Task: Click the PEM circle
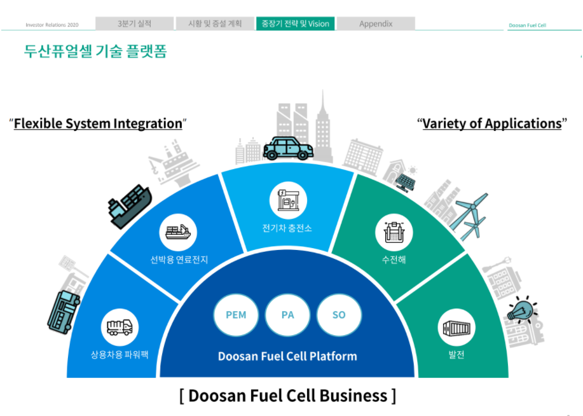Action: (x=236, y=315)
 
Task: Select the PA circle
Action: (x=287, y=315)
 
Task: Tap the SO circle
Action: (x=339, y=315)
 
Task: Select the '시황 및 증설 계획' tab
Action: (x=215, y=24)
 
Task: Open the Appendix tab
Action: (x=376, y=24)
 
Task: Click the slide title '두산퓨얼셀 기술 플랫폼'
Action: (x=95, y=52)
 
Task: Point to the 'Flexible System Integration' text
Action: (x=98, y=123)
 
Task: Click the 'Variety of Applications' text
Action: (x=491, y=123)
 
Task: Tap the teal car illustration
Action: (x=288, y=148)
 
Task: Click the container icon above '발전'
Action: (x=456, y=328)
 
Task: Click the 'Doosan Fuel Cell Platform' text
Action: (x=287, y=356)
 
